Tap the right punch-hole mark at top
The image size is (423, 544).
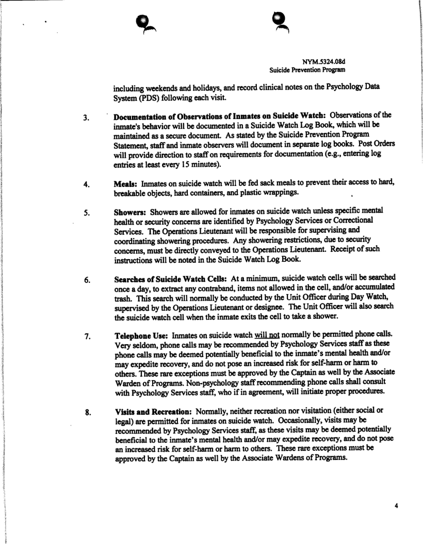(280, 22)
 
